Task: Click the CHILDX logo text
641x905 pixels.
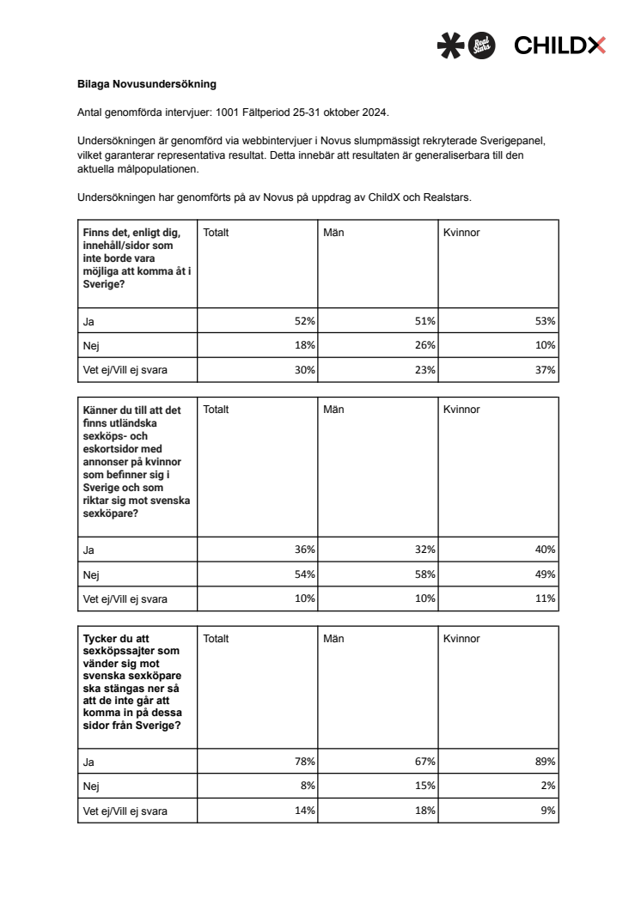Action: click(559, 46)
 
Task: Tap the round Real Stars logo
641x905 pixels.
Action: click(480, 46)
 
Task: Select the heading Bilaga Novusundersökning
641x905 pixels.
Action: click(147, 84)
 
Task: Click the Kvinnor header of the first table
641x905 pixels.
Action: click(461, 232)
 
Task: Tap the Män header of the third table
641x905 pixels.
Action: click(333, 639)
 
